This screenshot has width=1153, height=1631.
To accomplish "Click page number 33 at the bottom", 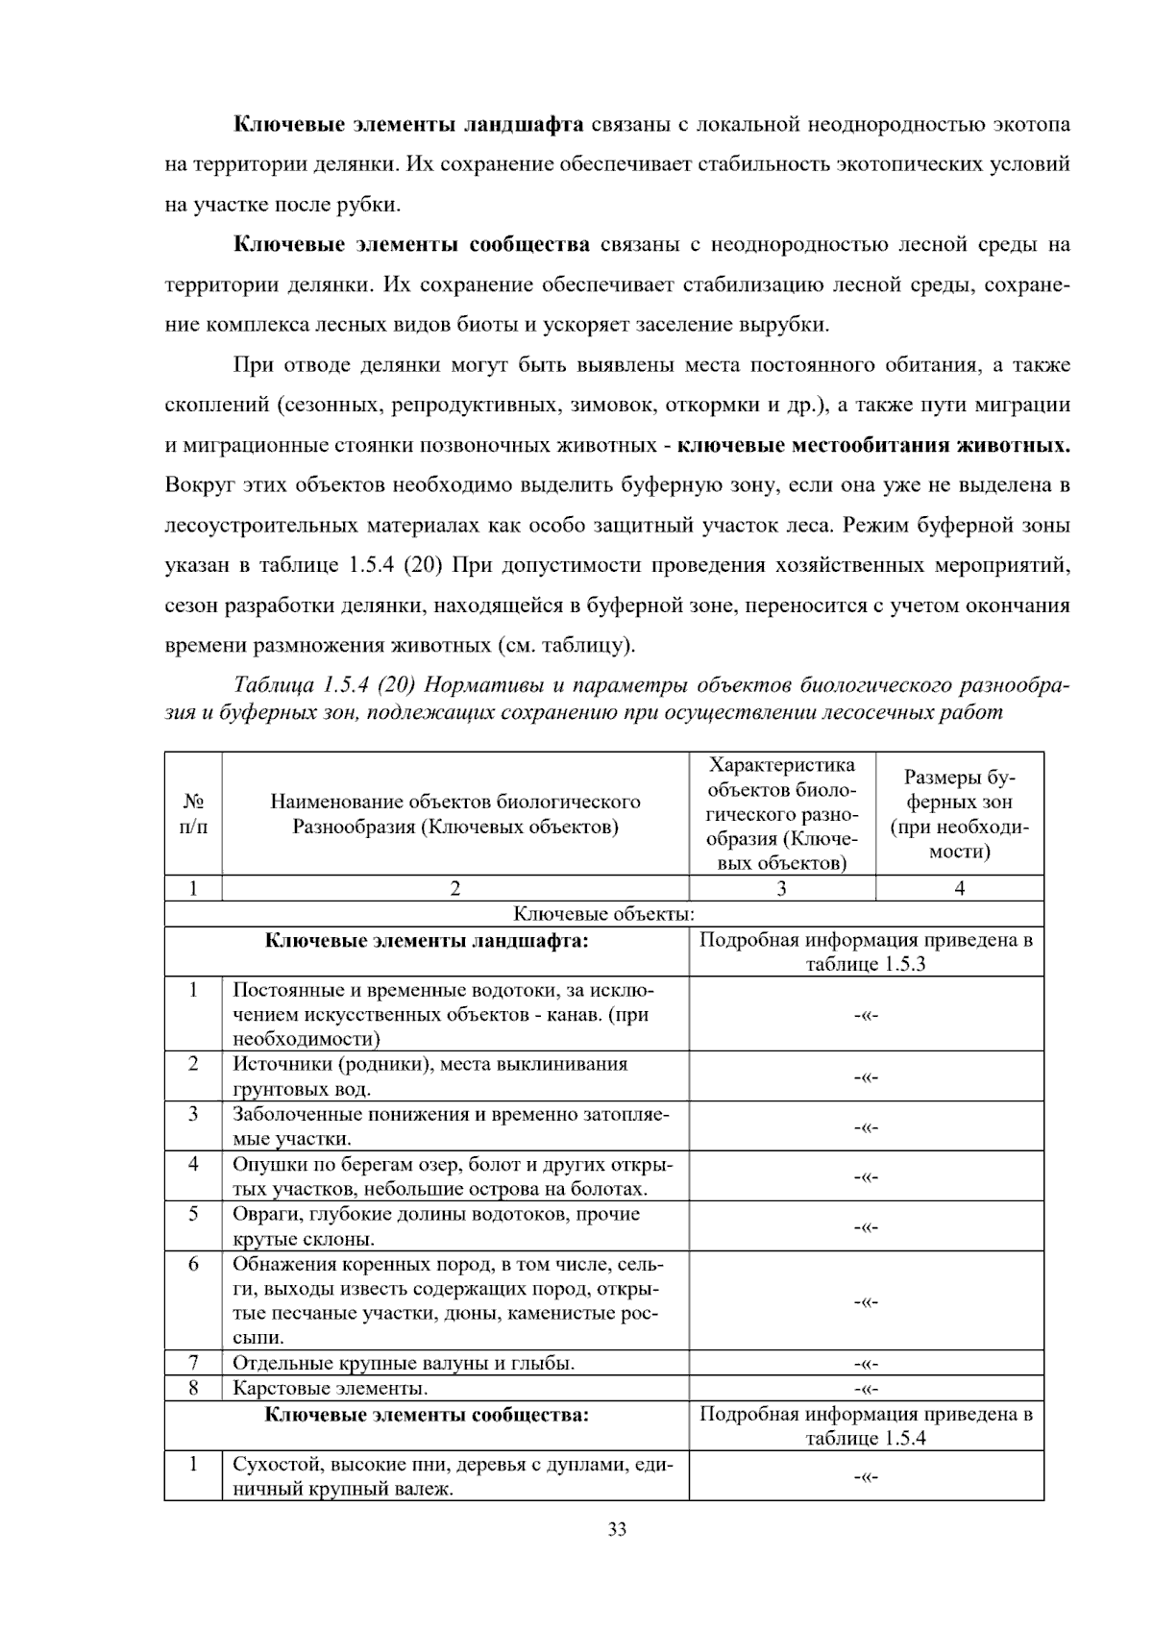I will [x=617, y=1529].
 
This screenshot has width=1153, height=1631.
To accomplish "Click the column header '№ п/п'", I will [x=193, y=814].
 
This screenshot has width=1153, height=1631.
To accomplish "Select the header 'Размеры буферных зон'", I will [x=959, y=814].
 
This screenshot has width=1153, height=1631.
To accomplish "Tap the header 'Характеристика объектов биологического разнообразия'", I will [x=781, y=814].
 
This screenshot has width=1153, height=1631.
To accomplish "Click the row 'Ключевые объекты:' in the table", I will [x=603, y=914].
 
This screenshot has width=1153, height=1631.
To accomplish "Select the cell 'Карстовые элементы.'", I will [x=331, y=1388].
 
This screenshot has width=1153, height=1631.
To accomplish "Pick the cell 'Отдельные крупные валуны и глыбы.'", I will [x=404, y=1363].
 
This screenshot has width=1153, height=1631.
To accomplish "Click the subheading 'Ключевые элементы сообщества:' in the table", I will [x=427, y=1415].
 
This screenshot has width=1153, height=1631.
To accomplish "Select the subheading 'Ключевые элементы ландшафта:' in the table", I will [x=427, y=941].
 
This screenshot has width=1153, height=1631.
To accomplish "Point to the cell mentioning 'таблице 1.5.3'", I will [x=866, y=952].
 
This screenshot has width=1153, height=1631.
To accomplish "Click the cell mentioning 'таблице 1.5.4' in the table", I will [x=866, y=1426].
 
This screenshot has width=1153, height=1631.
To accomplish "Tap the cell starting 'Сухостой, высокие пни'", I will [x=453, y=1476].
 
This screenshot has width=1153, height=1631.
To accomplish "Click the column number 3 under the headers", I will [x=781, y=889].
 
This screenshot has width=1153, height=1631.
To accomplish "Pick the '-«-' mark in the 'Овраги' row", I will [x=866, y=1227].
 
